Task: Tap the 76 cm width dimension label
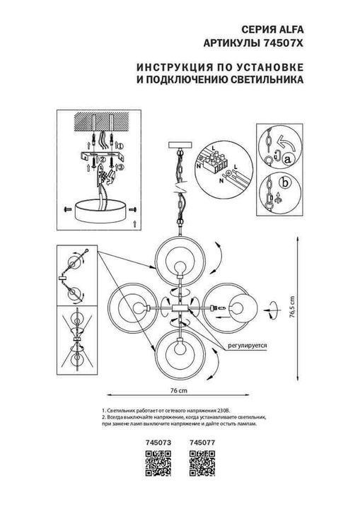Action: pyautogui.click(x=179, y=390)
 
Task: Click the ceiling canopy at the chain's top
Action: pyautogui.click(x=180, y=146)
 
